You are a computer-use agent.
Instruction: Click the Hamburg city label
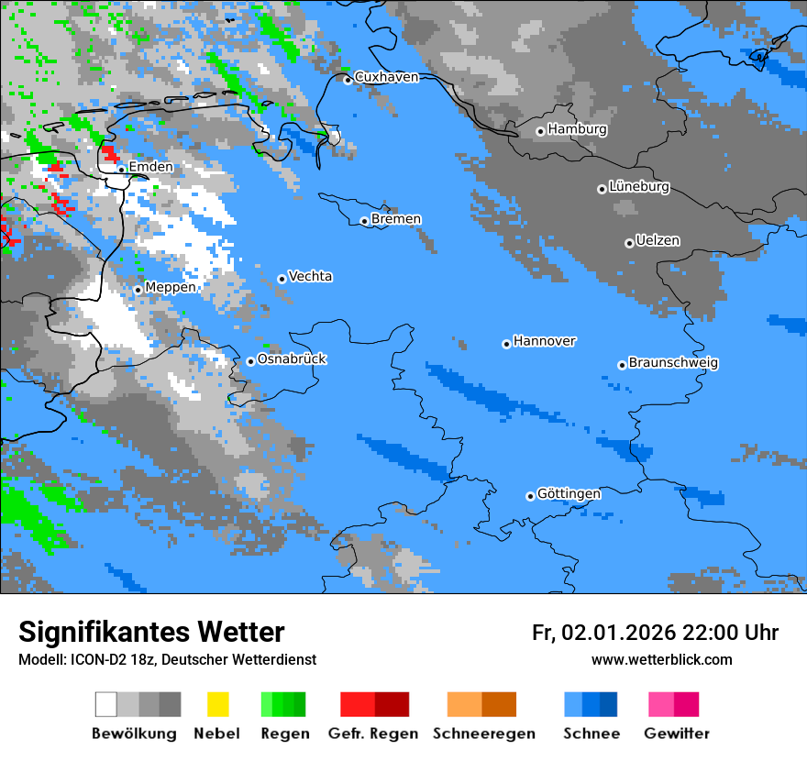coord(578,129)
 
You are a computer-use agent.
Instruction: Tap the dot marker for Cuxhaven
coord(348,80)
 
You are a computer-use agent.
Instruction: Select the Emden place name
coord(150,167)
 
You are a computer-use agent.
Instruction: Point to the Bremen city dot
coord(364,221)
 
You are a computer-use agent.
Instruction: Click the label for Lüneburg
coord(639,186)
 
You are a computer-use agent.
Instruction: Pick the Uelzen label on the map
coord(658,240)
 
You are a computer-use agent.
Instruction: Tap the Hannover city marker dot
coord(506,344)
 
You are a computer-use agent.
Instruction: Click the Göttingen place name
coord(569,493)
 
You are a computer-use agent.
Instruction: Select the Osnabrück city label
coord(292,358)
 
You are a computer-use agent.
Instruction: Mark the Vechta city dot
coord(282,279)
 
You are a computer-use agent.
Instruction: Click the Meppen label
coord(171,287)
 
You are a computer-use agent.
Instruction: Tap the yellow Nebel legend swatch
coord(217,704)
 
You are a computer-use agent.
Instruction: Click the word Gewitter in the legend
coord(676,733)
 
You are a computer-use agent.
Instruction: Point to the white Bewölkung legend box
coord(106,704)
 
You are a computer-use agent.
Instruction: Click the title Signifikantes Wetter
coord(151,632)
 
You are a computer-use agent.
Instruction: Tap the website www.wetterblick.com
coord(661,660)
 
